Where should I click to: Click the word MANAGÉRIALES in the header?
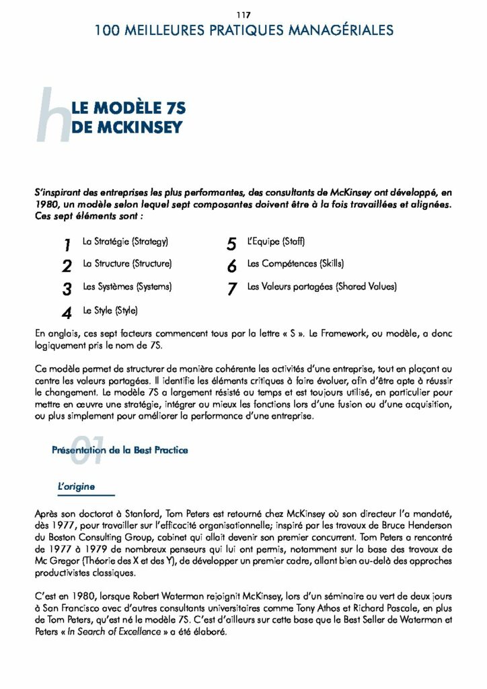[337, 30]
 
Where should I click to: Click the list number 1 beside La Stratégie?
[67, 244]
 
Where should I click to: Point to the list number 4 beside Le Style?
[67, 314]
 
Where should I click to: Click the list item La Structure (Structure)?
[127, 264]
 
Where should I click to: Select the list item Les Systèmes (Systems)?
[127, 287]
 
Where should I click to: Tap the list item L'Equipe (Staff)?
[276, 241]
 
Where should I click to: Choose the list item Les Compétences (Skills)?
[295, 264]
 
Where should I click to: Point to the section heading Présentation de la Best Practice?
[120, 450]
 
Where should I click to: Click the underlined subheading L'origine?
[76, 486]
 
